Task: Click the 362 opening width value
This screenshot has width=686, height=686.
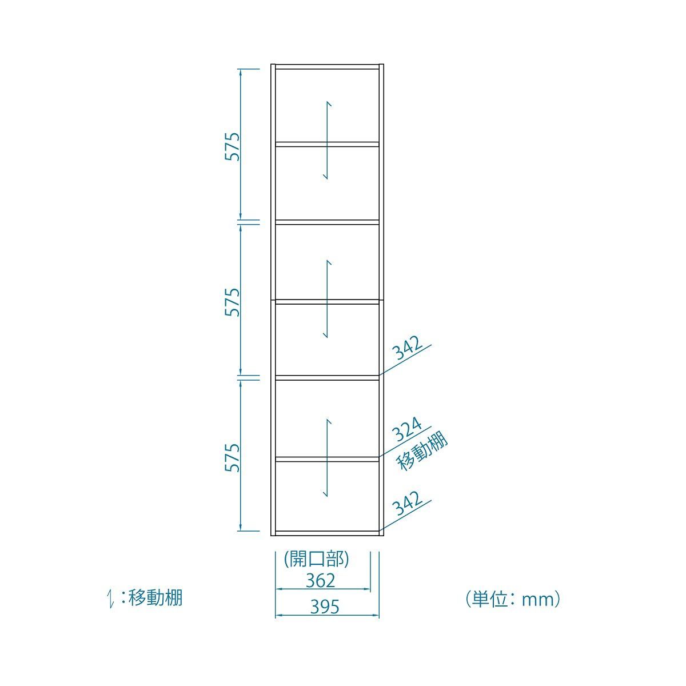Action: click(320, 580)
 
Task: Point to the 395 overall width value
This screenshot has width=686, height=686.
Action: click(325, 607)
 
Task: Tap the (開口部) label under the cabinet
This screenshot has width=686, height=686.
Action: click(317, 559)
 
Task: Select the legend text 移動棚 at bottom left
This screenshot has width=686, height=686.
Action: click(155, 598)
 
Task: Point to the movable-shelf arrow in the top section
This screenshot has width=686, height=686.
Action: click(327, 140)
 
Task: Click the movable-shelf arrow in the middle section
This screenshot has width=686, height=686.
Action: click(327, 298)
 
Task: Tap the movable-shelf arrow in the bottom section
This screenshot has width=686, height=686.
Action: click(327, 457)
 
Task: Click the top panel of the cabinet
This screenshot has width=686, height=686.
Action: click(327, 67)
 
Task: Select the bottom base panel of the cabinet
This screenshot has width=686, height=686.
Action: click(327, 533)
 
